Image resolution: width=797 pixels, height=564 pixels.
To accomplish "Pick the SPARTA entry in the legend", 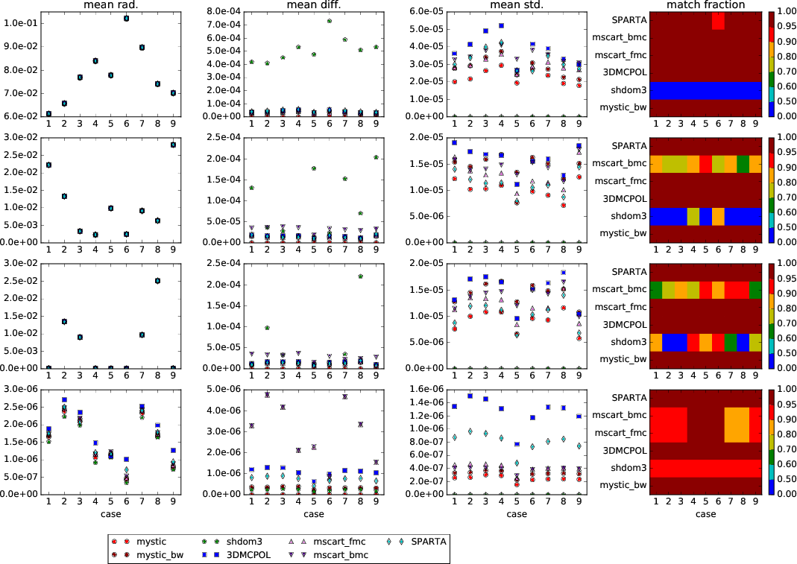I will tap(426, 541).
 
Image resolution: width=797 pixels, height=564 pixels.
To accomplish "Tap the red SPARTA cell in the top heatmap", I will tap(718, 21).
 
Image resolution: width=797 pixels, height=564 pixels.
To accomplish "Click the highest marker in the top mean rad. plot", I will tap(126, 18).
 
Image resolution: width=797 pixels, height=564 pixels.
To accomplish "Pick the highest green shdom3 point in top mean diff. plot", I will tap(329, 21).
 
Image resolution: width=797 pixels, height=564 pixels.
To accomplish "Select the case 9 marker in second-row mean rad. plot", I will tap(173, 145).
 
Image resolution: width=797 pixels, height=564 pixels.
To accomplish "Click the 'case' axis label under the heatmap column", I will tap(705, 514).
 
